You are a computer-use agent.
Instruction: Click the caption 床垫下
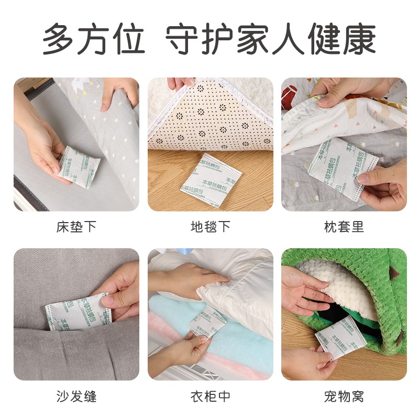point(76,227)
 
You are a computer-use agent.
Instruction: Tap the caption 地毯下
point(210,227)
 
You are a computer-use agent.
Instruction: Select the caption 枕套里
point(344,227)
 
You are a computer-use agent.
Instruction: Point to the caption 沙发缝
point(76,396)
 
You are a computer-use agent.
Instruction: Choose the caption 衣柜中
point(210,396)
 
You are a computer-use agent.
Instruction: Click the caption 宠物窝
point(344,396)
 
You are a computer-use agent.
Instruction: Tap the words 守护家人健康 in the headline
point(271,39)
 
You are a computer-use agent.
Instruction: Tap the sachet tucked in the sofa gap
point(78,312)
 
